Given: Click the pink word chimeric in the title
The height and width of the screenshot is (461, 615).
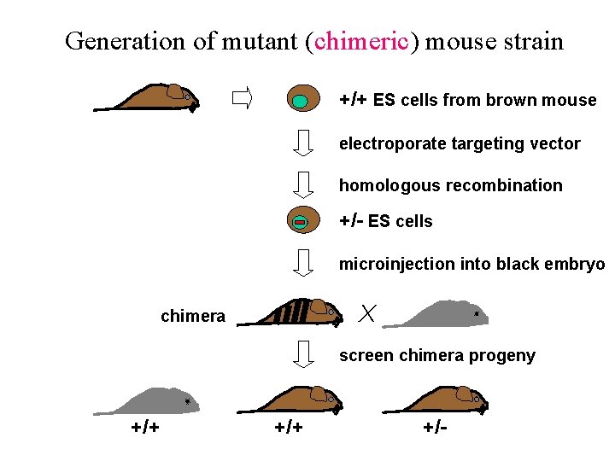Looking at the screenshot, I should (361, 40).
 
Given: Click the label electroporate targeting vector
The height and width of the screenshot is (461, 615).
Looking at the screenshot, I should (460, 143).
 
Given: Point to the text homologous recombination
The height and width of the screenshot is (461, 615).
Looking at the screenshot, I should (450, 185).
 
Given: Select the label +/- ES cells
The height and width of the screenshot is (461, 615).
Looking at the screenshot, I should (385, 221).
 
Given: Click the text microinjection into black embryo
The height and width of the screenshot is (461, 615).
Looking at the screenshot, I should (471, 264).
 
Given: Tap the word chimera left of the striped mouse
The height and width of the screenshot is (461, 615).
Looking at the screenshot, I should (193, 317).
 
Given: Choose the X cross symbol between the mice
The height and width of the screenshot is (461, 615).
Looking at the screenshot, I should (367, 313).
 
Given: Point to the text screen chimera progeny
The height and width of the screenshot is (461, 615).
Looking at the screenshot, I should (436, 355).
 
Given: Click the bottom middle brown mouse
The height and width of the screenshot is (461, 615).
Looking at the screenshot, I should (299, 400).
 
